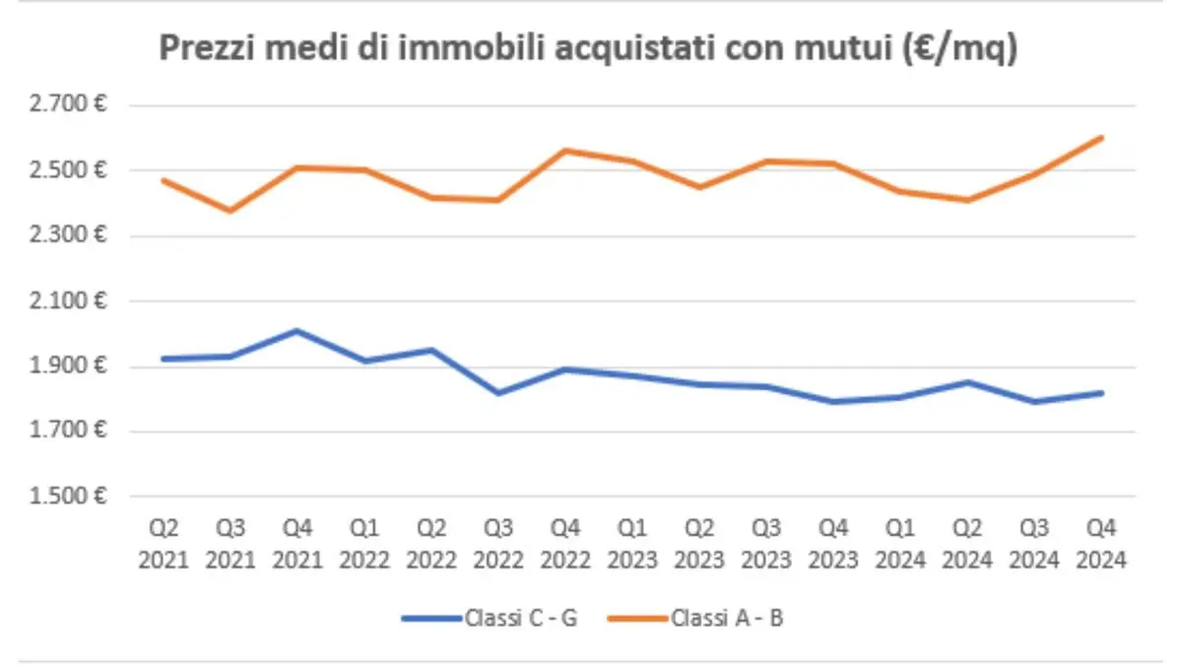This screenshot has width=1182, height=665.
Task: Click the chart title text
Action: click(x=588, y=49)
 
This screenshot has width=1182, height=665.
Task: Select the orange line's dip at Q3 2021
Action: click(x=230, y=211)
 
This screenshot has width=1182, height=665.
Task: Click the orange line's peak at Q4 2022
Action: click(x=565, y=151)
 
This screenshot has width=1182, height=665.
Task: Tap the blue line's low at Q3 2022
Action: click(x=498, y=393)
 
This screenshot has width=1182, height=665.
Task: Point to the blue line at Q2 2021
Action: click(x=163, y=359)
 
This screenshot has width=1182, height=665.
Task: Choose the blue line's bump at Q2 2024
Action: click(x=968, y=382)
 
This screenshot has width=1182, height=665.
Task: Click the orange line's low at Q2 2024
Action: click(x=968, y=200)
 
